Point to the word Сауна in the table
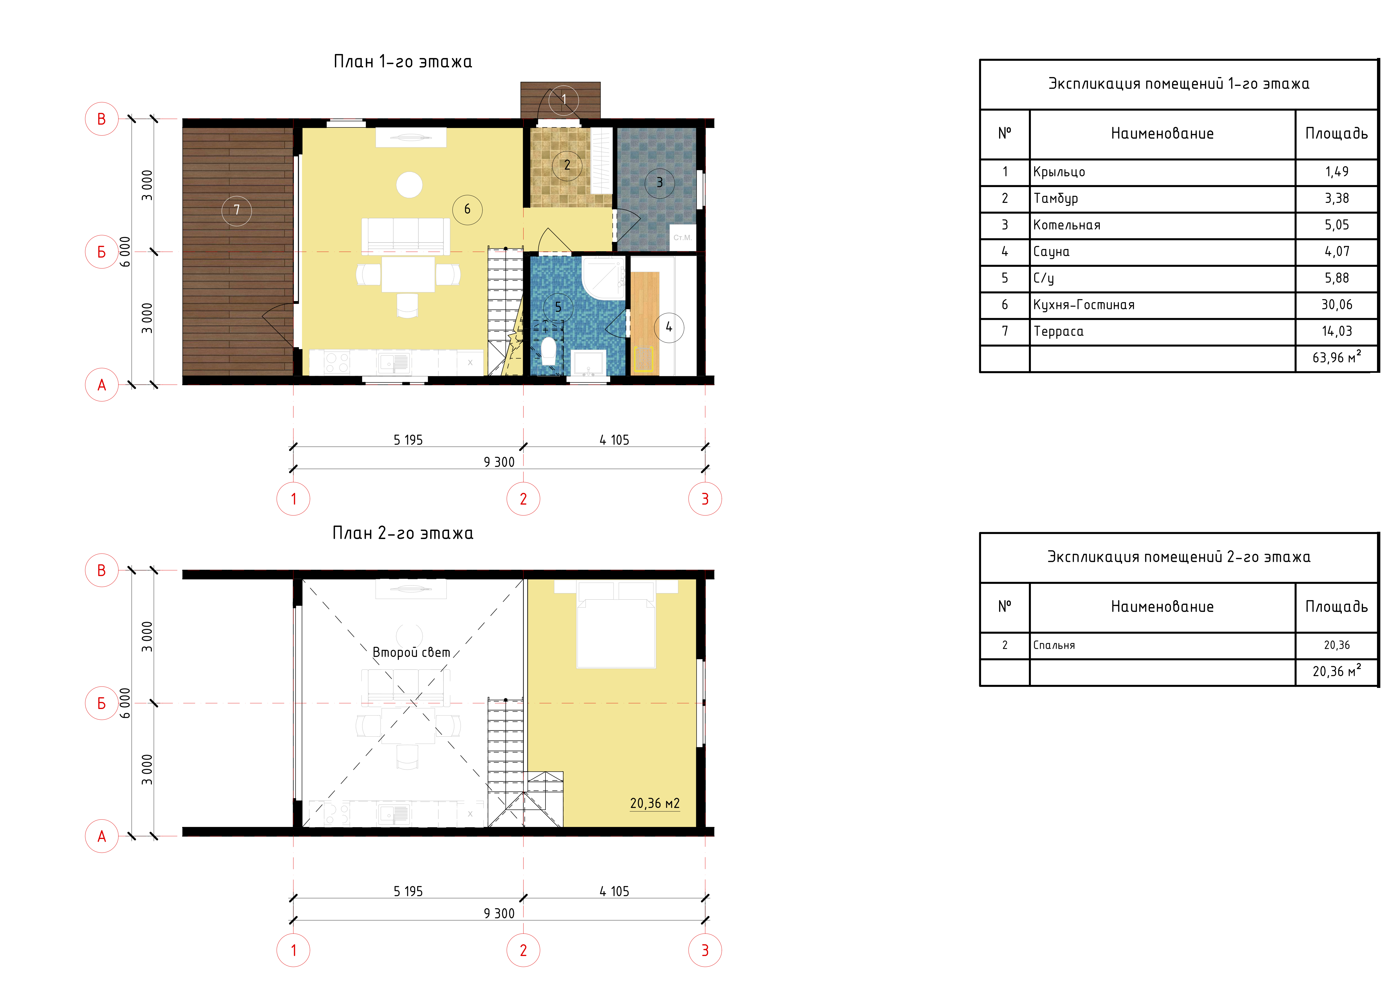(1051, 252)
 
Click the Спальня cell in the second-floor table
(1054, 645)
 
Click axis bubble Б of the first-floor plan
(102, 252)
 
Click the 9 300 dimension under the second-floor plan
(499, 914)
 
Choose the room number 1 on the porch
(564, 100)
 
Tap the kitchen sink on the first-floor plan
(394, 363)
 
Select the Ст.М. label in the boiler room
(682, 238)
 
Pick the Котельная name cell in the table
(1067, 225)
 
